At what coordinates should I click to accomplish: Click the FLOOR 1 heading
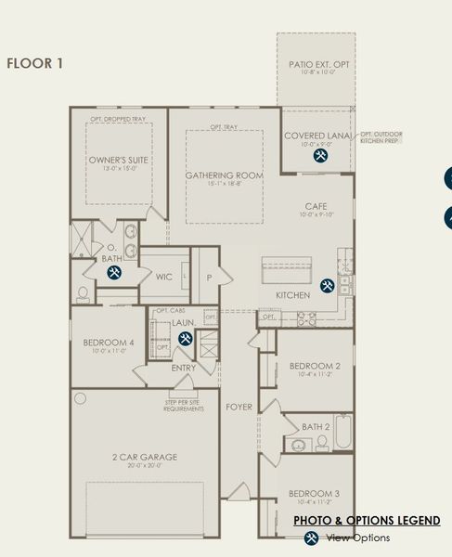click(x=34, y=64)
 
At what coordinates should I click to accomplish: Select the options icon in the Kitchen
click(x=327, y=286)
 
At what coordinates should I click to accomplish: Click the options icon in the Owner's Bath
click(x=114, y=273)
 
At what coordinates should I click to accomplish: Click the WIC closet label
click(x=164, y=277)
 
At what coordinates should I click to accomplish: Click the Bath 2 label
click(x=316, y=427)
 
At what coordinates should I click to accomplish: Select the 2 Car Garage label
click(x=145, y=457)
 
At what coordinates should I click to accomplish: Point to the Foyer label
click(x=239, y=408)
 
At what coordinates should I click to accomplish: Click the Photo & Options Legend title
click(x=367, y=521)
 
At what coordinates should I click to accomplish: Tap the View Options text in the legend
click(x=357, y=538)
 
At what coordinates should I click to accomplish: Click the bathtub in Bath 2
click(x=342, y=432)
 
